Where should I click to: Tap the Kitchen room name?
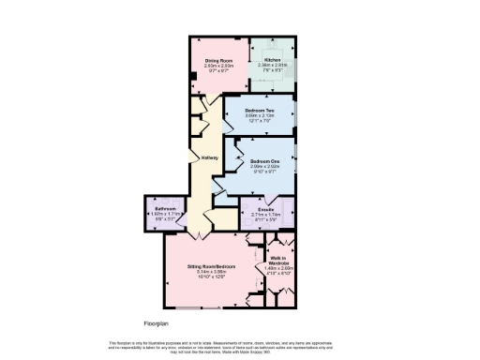coord(272,59)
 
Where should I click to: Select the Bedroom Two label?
coord(262,109)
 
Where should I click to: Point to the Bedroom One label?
coord(265,160)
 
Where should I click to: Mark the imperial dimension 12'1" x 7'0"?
coord(262,120)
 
